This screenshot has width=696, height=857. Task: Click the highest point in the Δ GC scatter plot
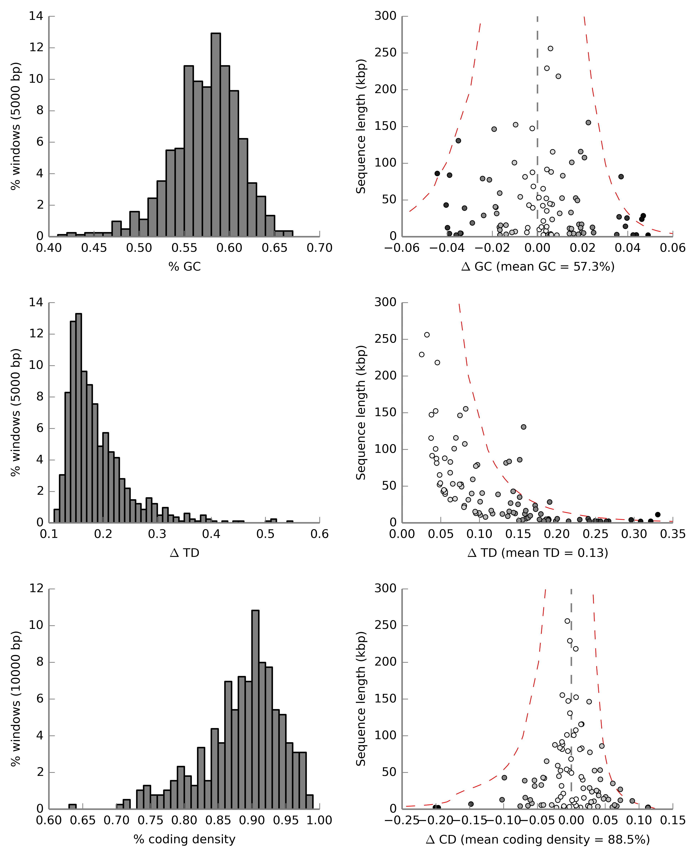pyautogui.click(x=550, y=49)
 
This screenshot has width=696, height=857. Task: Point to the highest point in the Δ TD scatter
pyautogui.click(x=427, y=335)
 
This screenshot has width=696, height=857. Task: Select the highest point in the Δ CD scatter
pyautogui.click(x=567, y=621)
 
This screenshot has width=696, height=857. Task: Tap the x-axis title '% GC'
pyautogui.click(x=184, y=267)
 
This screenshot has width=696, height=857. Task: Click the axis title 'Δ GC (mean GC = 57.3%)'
pyautogui.click(x=538, y=267)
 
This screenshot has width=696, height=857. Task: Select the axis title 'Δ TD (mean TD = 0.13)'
pyautogui.click(x=538, y=553)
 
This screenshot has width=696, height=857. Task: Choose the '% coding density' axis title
pyautogui.click(x=184, y=839)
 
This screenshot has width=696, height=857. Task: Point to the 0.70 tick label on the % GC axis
pyautogui.click(x=320, y=248)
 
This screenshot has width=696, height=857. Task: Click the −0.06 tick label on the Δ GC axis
pyautogui.click(x=402, y=248)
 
